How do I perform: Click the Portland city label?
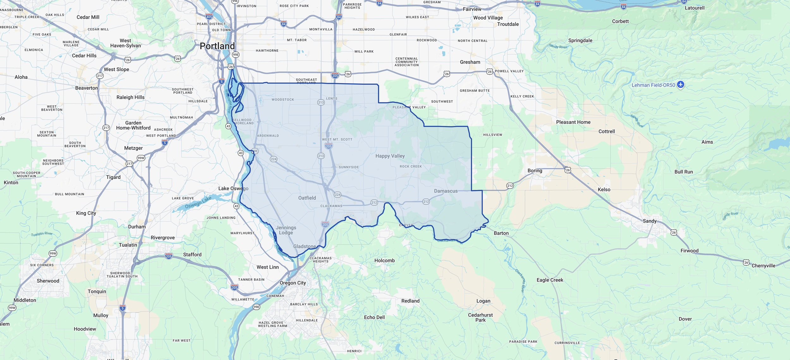pos(217,46)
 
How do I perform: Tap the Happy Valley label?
pos(390,156)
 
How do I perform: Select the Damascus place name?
pos(446,191)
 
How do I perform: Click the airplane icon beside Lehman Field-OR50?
pos(681,84)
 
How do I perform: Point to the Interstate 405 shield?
pos(209,17)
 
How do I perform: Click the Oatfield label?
pos(307,198)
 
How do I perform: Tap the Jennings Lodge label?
pos(286,230)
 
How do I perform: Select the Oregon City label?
pos(293,283)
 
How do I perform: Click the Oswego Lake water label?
pos(198,203)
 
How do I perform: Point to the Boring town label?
pos(535,171)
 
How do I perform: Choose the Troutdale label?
pos(508,24)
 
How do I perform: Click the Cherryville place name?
pos(763,266)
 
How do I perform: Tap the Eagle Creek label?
pos(550,280)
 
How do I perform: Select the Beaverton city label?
pos(87,88)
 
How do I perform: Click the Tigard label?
pos(113,177)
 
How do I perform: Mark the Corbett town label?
pos(620,21)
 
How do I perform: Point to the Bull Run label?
pos(684,172)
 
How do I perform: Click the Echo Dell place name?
pos(374,317)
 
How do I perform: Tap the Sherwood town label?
pos(48,281)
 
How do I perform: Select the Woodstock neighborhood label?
pos(283,100)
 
